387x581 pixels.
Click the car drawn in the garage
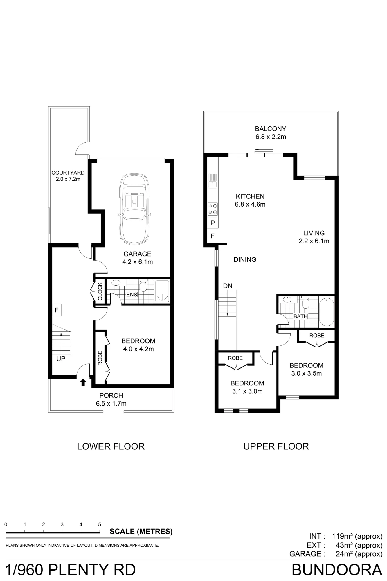(134, 209)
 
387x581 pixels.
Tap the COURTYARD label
(68, 173)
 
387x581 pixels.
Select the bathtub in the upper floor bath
(327, 312)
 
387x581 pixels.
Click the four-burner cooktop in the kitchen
(213, 209)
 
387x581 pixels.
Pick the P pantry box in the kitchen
(213, 223)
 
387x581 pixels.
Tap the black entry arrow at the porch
(83, 382)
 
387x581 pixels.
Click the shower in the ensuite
(162, 291)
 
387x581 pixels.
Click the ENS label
(132, 295)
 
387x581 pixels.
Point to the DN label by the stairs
(228, 286)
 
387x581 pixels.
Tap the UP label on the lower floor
(61, 359)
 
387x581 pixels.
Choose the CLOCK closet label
(100, 291)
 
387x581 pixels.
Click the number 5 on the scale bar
(100, 524)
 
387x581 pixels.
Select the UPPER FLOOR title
(276, 446)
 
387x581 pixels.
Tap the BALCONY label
(271, 129)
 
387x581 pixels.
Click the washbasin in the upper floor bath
(287, 300)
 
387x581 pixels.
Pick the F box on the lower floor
(57, 310)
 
